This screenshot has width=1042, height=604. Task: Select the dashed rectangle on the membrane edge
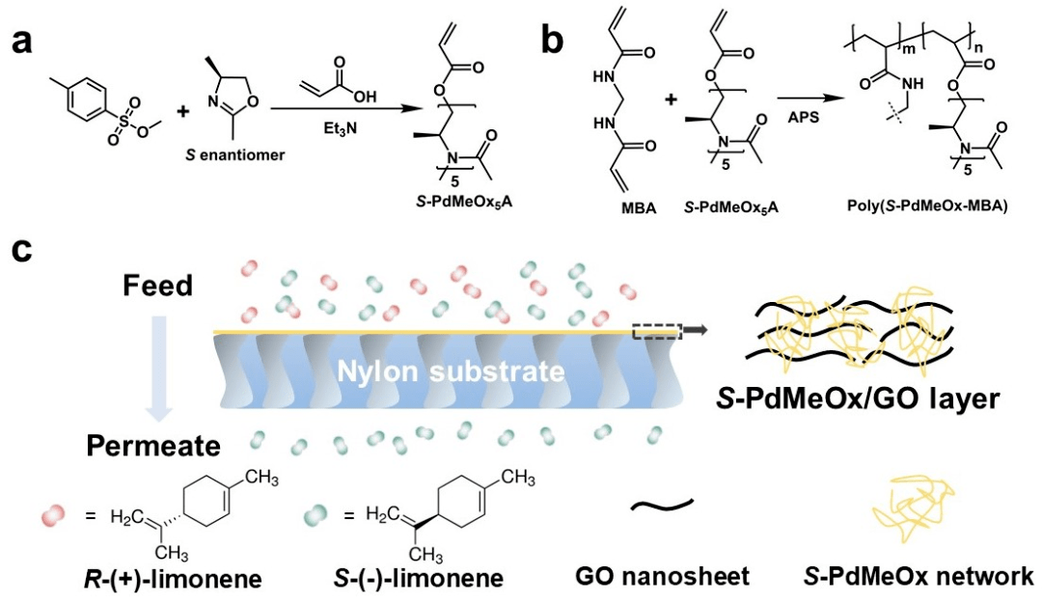657,331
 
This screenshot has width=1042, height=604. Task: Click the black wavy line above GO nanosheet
663,506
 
